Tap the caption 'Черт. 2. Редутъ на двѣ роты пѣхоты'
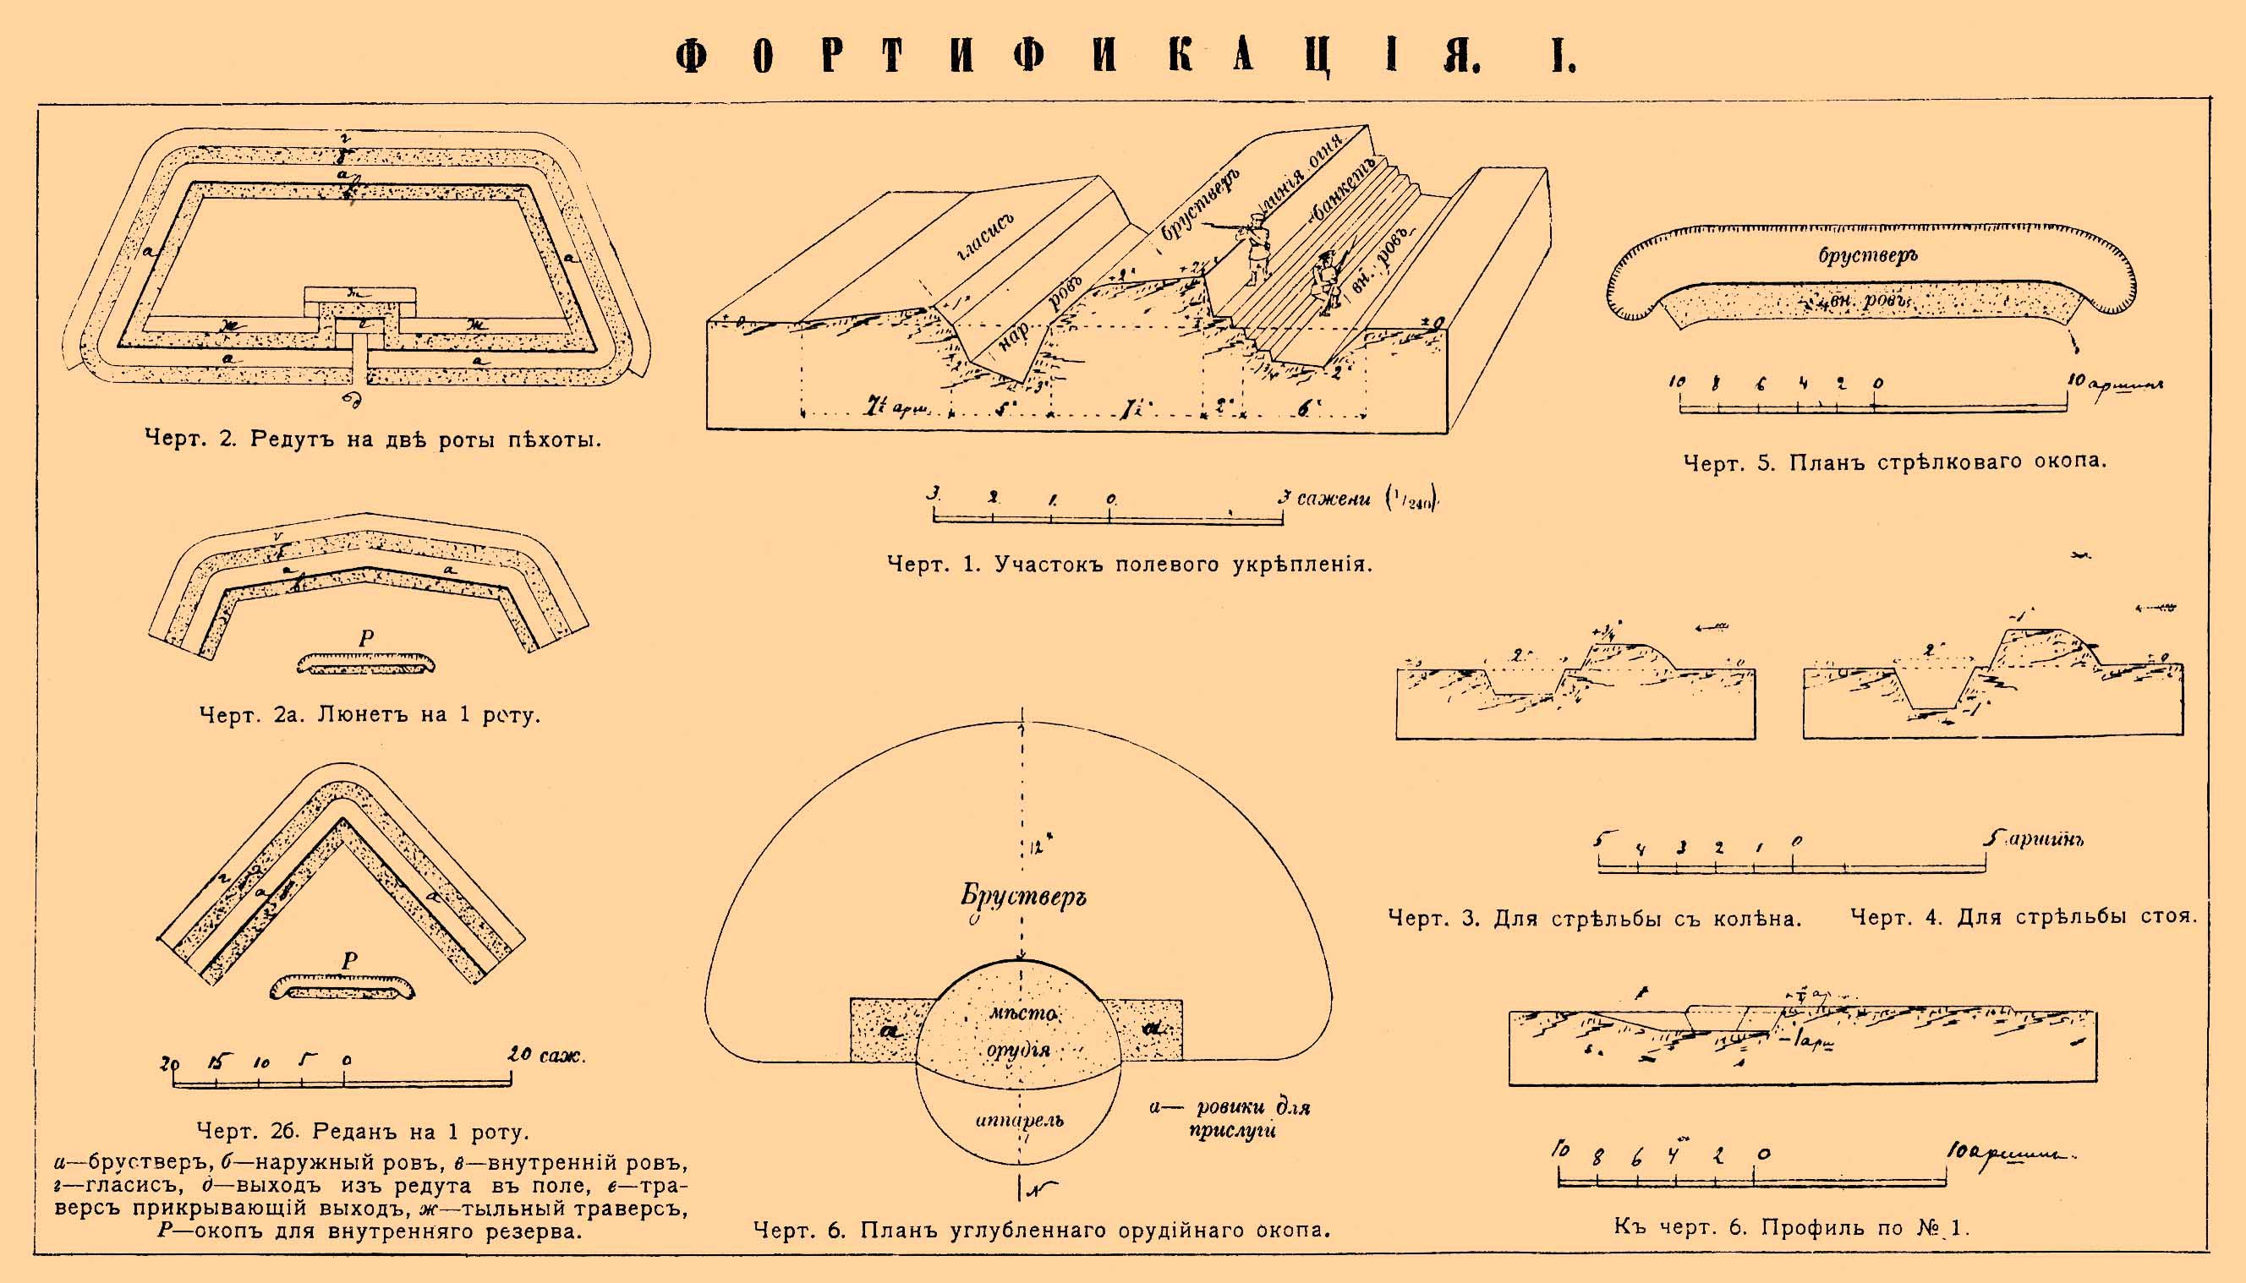373,439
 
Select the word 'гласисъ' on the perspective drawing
985,237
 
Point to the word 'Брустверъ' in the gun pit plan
1022,896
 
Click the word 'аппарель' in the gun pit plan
1019,1120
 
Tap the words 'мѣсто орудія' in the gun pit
1021,1031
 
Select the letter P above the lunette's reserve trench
366,638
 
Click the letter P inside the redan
349,960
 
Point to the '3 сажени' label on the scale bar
1325,499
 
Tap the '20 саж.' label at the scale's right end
545,1055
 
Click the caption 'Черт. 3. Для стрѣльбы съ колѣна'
1595,918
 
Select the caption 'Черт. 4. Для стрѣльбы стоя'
2022,917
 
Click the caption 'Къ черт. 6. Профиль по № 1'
1791,1227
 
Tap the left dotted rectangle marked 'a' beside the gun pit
886,1030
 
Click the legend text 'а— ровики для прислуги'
1230,1118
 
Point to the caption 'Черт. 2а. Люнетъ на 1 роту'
370,715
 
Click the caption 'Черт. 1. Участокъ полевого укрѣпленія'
1129,564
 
